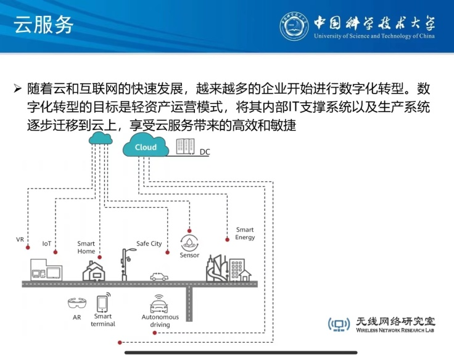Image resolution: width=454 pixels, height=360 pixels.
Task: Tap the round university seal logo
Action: pos(295,26)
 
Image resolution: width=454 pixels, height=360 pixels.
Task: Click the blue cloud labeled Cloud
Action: pos(146,147)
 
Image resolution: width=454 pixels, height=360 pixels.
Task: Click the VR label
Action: pos(20,239)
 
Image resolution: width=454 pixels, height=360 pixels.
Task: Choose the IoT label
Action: pos(47,243)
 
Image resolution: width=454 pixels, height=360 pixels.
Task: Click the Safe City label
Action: pos(149,243)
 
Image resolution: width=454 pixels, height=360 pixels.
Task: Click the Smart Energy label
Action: pos(245,234)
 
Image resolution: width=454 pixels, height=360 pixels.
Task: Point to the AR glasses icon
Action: pos(77,303)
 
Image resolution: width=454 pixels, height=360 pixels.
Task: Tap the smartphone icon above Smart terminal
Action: pos(102,302)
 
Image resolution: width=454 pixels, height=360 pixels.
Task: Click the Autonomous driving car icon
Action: pos(160,305)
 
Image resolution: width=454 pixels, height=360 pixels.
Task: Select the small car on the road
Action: pos(159,276)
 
